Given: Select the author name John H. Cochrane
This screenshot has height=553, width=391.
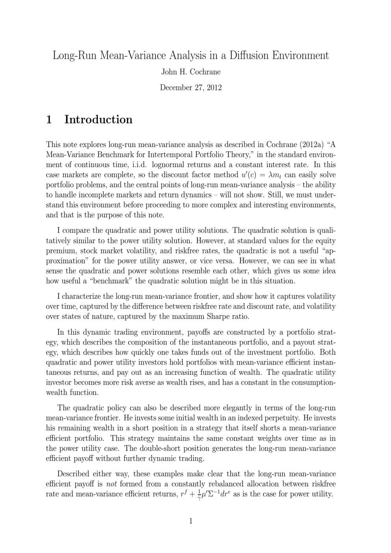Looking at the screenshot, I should pos(191,72).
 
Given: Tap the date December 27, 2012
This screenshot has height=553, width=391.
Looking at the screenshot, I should pos(191,88).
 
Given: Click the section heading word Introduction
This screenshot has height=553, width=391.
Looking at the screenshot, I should pos(98,119).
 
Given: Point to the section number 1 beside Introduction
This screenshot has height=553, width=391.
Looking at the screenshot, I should pos(49,119).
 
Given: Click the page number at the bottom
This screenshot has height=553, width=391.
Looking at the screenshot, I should pos(191,521).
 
